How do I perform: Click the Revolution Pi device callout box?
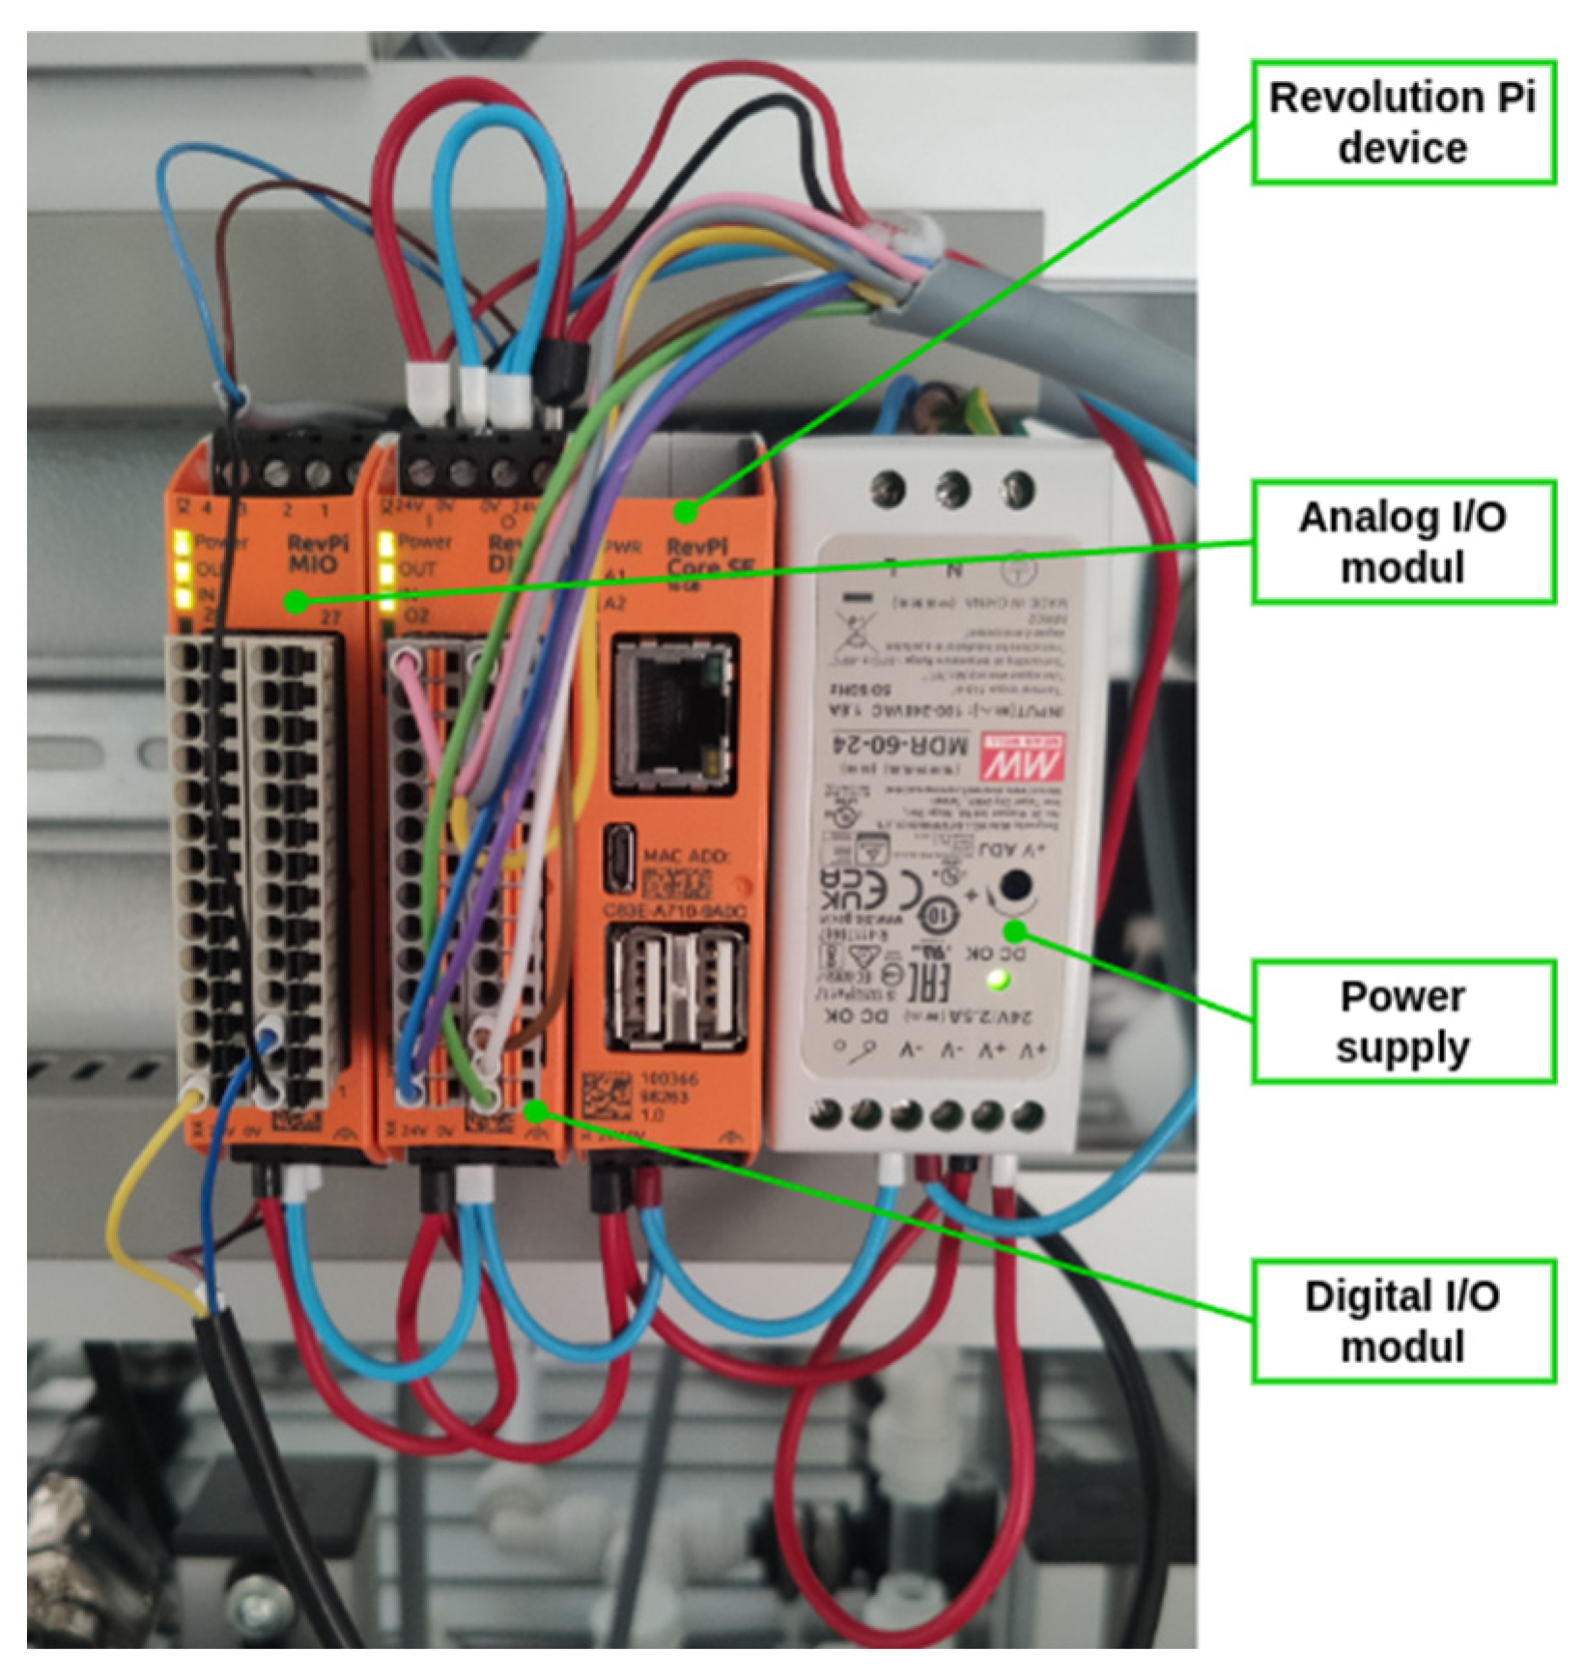pyautogui.click(x=1402, y=123)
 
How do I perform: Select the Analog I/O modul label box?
pyautogui.click(x=1402, y=542)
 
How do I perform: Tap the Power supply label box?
pyautogui.click(x=1402, y=1021)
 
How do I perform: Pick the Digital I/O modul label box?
pyautogui.click(x=1402, y=1321)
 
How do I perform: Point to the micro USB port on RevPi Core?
pyautogui.click(x=618, y=858)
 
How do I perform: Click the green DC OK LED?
pyautogui.click(x=999, y=982)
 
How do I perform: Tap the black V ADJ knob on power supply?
pyautogui.click(x=1014, y=885)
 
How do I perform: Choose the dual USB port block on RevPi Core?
pyautogui.click(x=675, y=990)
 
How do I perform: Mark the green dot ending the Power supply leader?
pyautogui.click(x=1014, y=930)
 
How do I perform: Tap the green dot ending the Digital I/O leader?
pyautogui.click(x=534, y=1113)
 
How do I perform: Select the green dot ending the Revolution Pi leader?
pyautogui.click(x=688, y=510)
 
